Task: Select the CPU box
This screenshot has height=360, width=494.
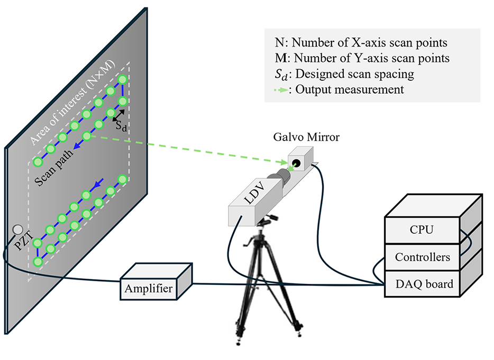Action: pyautogui.click(x=422, y=229)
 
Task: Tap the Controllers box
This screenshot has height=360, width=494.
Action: pyautogui.click(x=422, y=257)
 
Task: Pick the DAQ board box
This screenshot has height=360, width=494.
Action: pyautogui.click(x=422, y=284)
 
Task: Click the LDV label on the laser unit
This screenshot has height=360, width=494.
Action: pyautogui.click(x=255, y=193)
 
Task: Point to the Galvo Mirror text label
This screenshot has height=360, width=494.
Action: pyautogui.click(x=306, y=137)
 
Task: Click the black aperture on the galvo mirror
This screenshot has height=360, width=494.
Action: pyautogui.click(x=296, y=163)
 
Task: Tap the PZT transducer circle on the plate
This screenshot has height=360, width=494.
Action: pyautogui.click(x=17, y=229)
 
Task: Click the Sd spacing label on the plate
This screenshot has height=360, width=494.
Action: pyautogui.click(x=121, y=126)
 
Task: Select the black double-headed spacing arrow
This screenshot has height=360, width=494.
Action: pyautogui.click(x=118, y=115)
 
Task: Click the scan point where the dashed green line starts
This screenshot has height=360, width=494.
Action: pyautogui.click(x=87, y=136)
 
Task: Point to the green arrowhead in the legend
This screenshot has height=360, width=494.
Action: pyautogui.click(x=284, y=90)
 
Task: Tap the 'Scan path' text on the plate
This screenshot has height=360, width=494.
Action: pyautogui.click(x=53, y=167)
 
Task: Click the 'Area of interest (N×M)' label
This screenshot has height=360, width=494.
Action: pyautogui.click(x=72, y=103)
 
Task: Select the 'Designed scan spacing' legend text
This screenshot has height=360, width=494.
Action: pyautogui.click(x=355, y=73)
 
